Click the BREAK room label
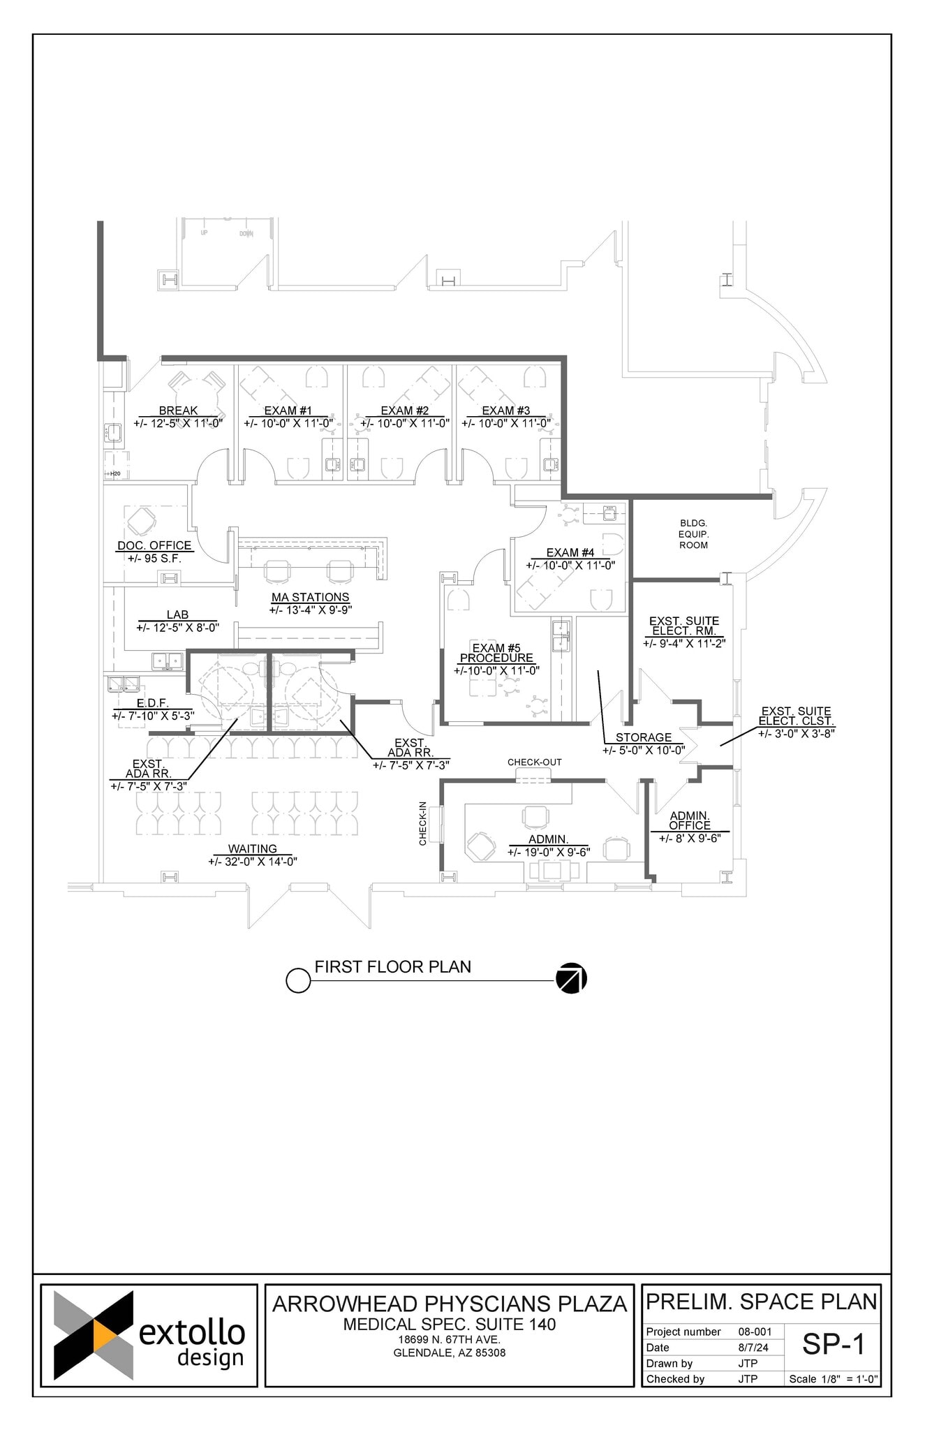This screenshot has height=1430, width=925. pos(178,411)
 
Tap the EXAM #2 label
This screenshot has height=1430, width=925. pos(404,411)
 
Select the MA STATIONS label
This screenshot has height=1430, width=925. pos(310,597)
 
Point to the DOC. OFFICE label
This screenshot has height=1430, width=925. pos(154,545)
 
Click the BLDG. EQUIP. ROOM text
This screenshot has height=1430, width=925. pos(693,534)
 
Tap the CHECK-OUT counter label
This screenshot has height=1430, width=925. pos(534,762)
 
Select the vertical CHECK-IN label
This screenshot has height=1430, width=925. pos(422,823)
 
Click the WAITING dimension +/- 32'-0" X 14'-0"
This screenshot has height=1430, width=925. pos(253,862)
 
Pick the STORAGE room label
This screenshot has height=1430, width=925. pos(643,737)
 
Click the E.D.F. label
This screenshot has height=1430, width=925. pos(152,703)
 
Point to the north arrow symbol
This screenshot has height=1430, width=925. pos(571,978)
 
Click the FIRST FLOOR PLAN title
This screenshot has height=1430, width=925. pos(392,967)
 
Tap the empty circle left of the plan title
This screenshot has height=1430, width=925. pos(298,980)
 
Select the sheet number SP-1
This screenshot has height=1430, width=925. pos(833,1344)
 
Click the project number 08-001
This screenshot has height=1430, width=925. pos(755,1332)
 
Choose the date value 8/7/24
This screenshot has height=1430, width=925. pos(753,1348)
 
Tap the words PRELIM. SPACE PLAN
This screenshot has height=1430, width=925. pos(761,1302)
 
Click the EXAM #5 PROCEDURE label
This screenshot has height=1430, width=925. pos(496,653)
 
